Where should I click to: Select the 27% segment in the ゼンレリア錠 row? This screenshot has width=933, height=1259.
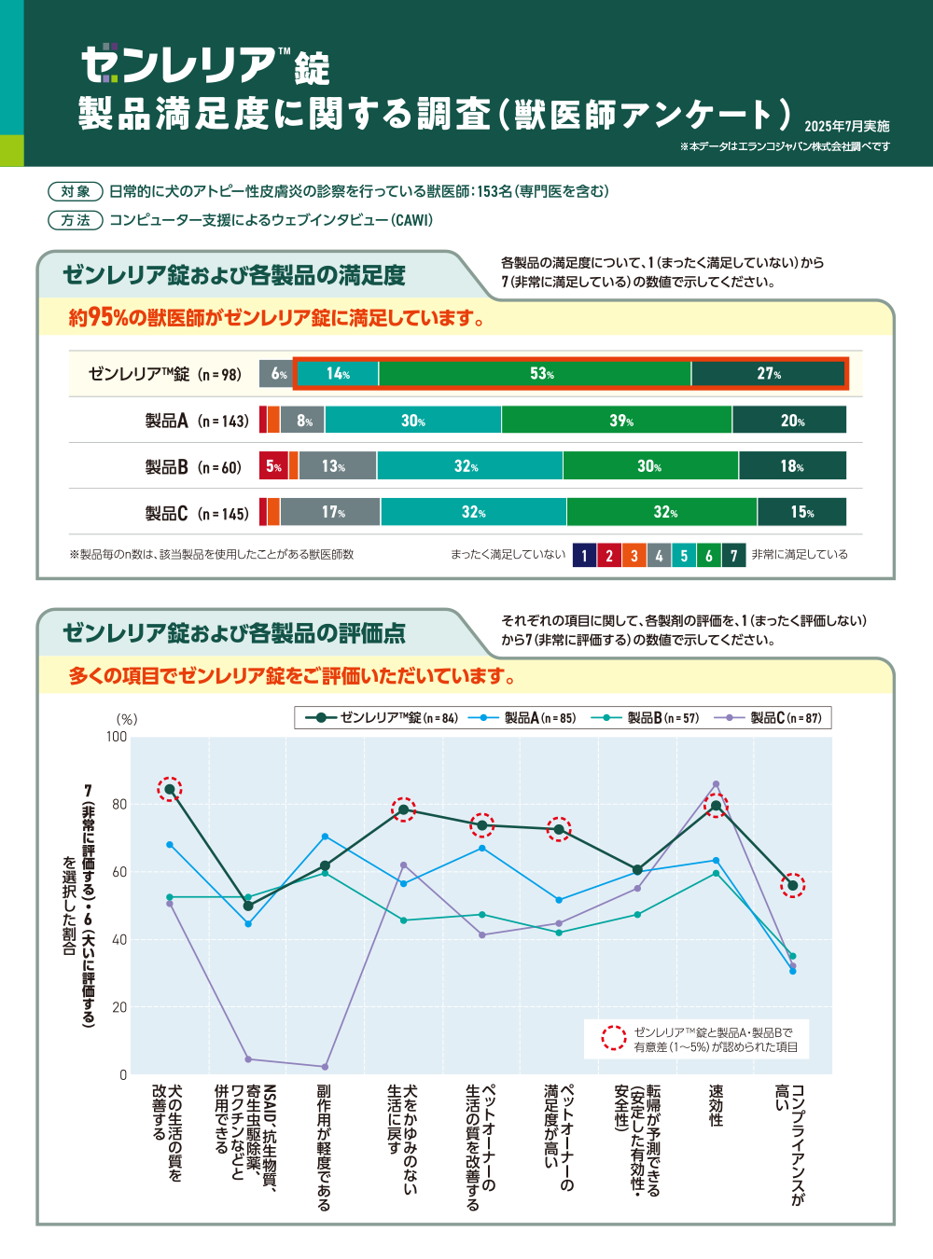coord(768,373)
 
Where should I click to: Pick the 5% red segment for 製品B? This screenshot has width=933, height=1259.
coord(273,465)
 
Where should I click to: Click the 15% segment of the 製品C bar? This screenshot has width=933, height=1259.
coord(801,512)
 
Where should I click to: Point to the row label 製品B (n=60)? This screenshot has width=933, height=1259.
coord(192,466)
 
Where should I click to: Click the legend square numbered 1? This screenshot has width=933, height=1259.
coord(584,555)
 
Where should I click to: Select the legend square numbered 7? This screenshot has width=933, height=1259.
coord(733,555)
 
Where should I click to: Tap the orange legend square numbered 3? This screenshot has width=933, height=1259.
coord(634,555)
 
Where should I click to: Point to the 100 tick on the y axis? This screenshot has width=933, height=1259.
coord(117,737)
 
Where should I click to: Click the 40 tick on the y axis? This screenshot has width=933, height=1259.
coord(119,939)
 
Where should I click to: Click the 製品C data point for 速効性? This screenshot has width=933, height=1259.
coord(716,784)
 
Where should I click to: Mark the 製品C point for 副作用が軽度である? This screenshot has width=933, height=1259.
coord(325,1067)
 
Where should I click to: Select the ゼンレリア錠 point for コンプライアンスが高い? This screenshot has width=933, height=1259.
coord(793,885)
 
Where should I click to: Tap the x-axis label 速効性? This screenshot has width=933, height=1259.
coord(716,1105)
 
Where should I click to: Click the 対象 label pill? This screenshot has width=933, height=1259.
coord(76,191)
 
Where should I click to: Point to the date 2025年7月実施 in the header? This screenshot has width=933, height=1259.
coord(846,126)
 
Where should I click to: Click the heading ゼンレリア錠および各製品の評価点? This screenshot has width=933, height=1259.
coord(234,633)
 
